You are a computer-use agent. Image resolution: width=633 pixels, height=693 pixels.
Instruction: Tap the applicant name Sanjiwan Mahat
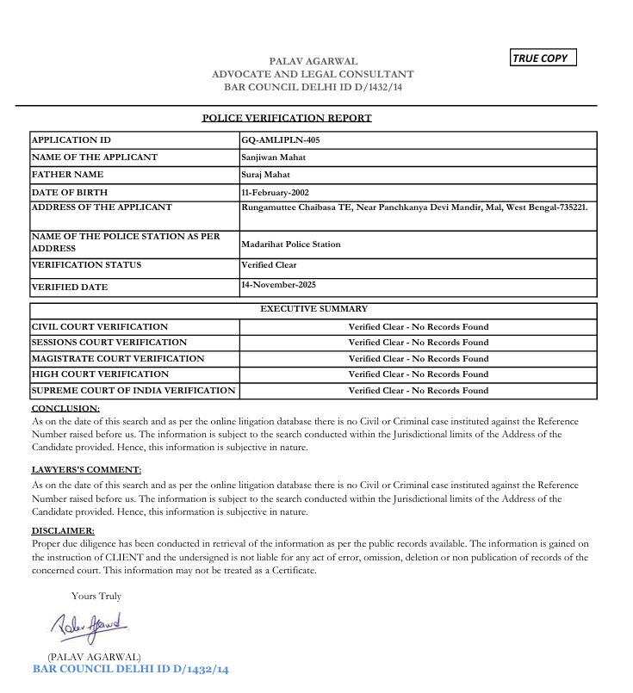[x=273, y=158]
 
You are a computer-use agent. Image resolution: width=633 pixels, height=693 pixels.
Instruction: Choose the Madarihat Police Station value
[x=291, y=244]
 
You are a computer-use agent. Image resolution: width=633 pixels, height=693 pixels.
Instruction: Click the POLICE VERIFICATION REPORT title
[x=287, y=118]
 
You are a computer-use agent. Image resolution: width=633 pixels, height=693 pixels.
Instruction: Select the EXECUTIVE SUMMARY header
[x=313, y=308]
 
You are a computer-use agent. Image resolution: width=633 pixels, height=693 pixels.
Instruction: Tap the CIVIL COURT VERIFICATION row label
[x=100, y=327]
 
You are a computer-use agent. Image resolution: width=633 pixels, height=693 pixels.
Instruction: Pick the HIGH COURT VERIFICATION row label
[x=100, y=374]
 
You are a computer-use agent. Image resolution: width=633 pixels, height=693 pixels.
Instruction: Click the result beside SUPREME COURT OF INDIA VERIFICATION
[x=418, y=391]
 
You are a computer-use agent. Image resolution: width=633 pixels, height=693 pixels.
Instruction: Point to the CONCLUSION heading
[x=65, y=408]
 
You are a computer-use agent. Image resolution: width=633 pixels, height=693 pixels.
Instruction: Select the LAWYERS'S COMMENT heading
[x=86, y=470]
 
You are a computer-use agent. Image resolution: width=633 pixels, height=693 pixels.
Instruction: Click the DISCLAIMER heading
[x=63, y=531]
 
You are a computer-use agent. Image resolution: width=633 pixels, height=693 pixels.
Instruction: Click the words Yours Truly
[x=96, y=596]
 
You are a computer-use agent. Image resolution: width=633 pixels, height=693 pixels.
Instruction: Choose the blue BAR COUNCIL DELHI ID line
[x=131, y=669]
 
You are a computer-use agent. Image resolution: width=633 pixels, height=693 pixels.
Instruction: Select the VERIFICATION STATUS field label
[x=86, y=265]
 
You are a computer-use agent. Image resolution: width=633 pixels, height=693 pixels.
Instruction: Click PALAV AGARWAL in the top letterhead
[x=313, y=62]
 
